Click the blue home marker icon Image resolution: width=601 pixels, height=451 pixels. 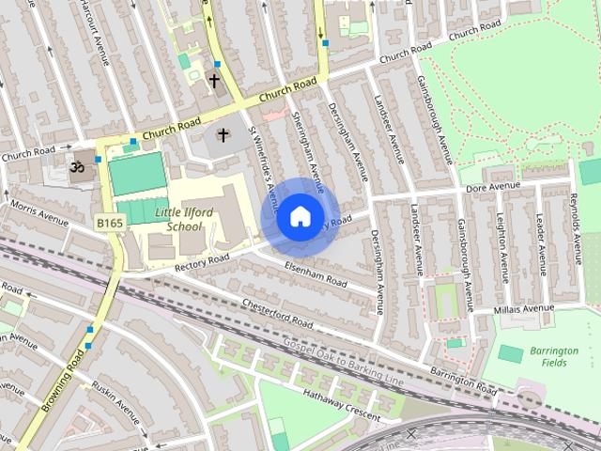299,216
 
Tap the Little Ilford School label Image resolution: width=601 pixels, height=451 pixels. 177,220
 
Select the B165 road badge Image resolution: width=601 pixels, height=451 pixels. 108,223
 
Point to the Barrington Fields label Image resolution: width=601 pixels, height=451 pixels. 553,356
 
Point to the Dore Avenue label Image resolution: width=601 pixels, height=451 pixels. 493,188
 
